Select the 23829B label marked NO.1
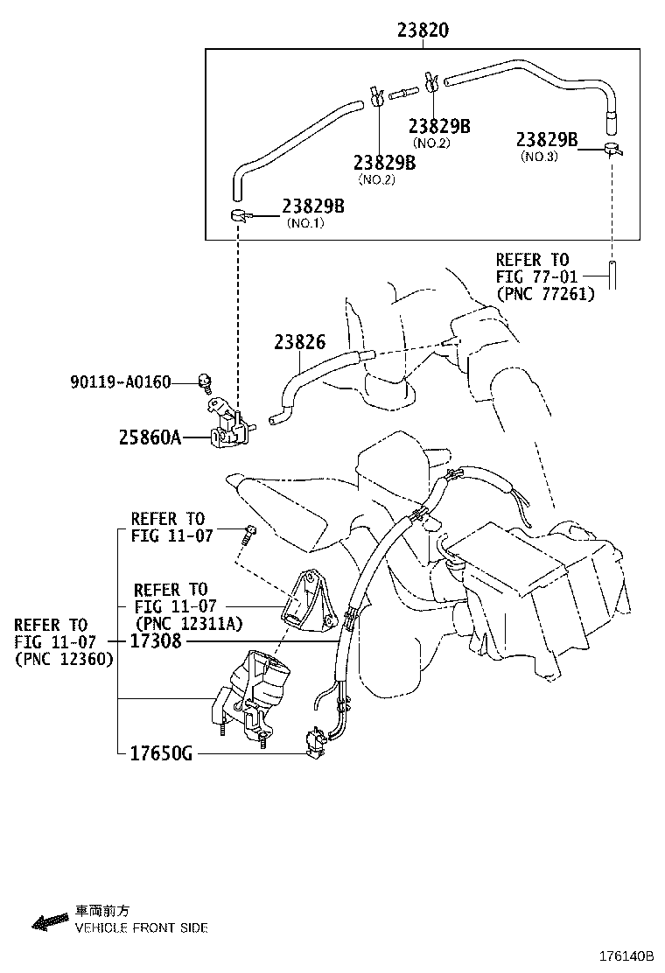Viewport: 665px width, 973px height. click(x=313, y=206)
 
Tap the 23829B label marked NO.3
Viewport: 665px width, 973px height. click(x=547, y=139)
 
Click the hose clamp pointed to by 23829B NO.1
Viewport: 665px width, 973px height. click(x=240, y=215)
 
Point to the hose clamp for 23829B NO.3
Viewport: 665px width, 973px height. click(x=612, y=150)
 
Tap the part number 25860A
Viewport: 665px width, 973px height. click(x=150, y=437)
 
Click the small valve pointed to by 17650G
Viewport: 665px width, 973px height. click(x=316, y=743)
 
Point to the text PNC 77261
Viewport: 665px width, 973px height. click(x=545, y=294)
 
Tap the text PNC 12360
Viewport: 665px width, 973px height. click(x=63, y=660)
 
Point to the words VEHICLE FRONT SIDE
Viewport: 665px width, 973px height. click(x=141, y=927)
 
